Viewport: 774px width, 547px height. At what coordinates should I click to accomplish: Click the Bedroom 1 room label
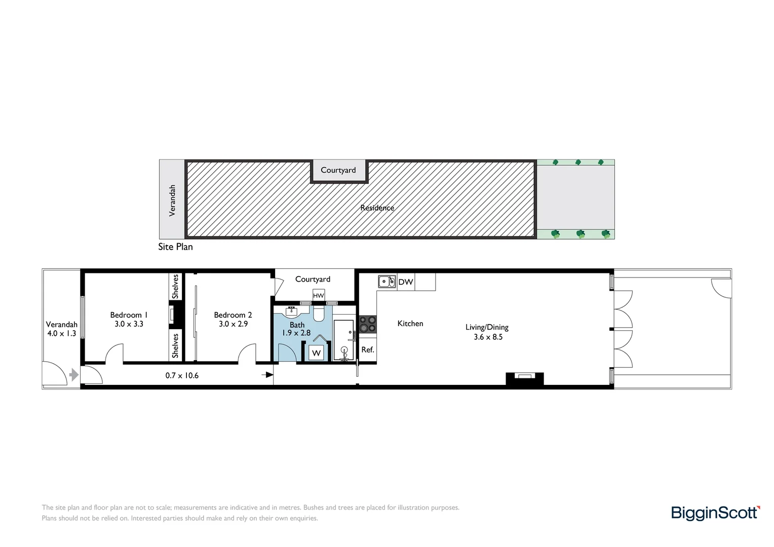click(x=129, y=315)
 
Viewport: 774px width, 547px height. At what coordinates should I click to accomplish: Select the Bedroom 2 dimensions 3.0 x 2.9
click(x=233, y=324)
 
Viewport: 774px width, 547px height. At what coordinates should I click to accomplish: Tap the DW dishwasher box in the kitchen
click(x=406, y=282)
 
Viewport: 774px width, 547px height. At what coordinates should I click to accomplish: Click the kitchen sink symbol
click(x=387, y=282)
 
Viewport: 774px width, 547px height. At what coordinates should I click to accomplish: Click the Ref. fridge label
click(x=368, y=350)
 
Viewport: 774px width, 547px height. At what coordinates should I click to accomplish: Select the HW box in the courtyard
click(x=318, y=296)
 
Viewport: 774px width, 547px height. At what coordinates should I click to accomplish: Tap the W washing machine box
click(x=317, y=353)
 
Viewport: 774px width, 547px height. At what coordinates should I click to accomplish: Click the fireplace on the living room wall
click(x=524, y=378)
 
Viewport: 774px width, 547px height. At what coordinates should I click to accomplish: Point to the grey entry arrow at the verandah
click(x=74, y=375)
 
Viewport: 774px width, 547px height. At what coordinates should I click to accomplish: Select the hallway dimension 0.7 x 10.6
click(x=182, y=376)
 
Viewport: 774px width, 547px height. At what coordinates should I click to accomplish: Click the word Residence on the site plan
click(x=377, y=208)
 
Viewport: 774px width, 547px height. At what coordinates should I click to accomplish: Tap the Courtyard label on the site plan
click(x=338, y=171)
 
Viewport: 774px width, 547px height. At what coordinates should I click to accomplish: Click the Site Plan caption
click(x=175, y=247)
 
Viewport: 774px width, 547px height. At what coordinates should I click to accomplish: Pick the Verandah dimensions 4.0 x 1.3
click(x=62, y=334)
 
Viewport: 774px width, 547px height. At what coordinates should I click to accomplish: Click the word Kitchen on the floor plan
click(x=410, y=324)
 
